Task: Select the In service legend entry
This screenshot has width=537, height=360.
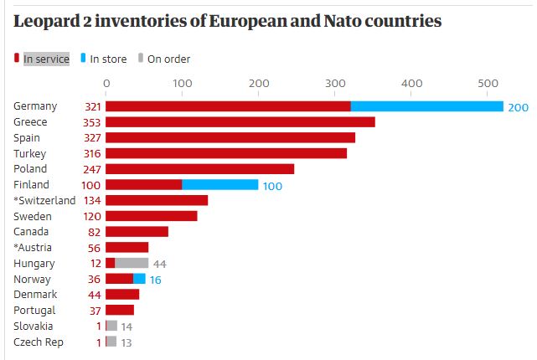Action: pyautogui.click(x=45, y=59)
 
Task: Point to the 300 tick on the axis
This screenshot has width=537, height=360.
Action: pyautogui.click(x=335, y=83)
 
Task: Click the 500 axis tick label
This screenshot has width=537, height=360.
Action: pyautogui.click(x=488, y=83)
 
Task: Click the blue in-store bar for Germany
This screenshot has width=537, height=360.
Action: pyautogui.click(x=426, y=106)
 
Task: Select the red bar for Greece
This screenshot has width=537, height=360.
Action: pyautogui.click(x=240, y=122)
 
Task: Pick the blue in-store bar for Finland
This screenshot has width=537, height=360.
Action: pyautogui.click(x=219, y=185)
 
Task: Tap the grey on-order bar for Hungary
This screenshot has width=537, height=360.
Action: pyautogui.click(x=132, y=263)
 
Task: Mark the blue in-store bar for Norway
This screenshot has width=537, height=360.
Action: pyautogui.click(x=139, y=279)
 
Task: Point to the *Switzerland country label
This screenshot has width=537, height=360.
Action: pyautogui.click(x=44, y=201)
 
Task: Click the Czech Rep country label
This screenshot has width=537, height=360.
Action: pyautogui.click(x=39, y=342)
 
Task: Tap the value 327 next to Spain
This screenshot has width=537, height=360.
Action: pyautogui.click(x=91, y=138)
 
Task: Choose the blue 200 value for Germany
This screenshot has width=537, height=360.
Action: pyautogui.click(x=518, y=107)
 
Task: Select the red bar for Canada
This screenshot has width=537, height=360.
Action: pyautogui.click(x=137, y=232)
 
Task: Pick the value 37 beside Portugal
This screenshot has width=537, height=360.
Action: pyautogui.click(x=95, y=311)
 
